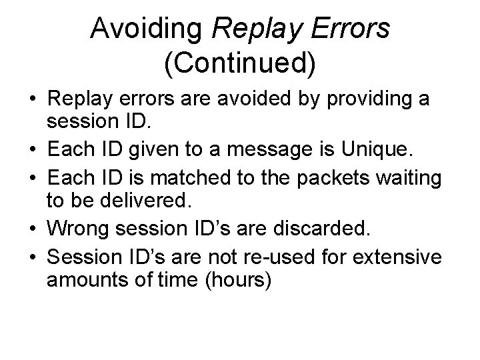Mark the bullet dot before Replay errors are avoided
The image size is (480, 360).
[x=32, y=99]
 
